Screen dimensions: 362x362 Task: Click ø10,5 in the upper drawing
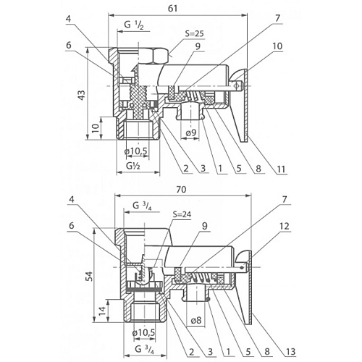click(x=135, y=151)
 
